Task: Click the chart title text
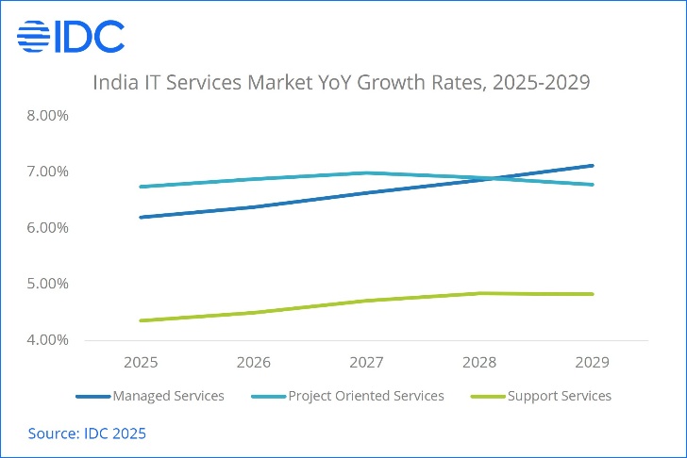[x=341, y=83]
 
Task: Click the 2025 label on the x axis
[x=141, y=362]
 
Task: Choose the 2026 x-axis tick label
[x=254, y=362]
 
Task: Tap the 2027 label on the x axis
[x=366, y=362]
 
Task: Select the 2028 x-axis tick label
[x=479, y=362]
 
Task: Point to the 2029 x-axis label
[x=592, y=362]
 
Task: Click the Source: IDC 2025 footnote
[x=87, y=433]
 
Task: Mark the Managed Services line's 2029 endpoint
[x=592, y=166]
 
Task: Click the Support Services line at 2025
[x=141, y=320]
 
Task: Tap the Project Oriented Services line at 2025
[x=141, y=187]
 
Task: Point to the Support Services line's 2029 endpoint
[x=592, y=294]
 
